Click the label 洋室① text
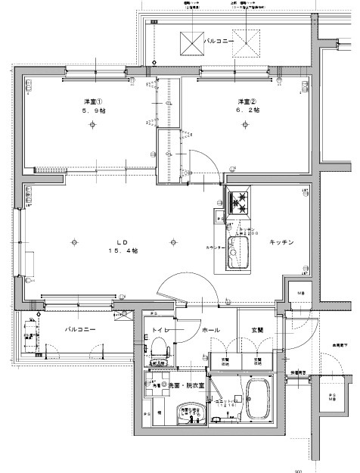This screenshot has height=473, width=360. click(x=94, y=101)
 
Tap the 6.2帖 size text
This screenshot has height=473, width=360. click(x=247, y=110)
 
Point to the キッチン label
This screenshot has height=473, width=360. click(x=281, y=242)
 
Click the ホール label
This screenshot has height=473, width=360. click(x=211, y=330)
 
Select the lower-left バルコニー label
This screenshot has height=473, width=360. click(x=79, y=330)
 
